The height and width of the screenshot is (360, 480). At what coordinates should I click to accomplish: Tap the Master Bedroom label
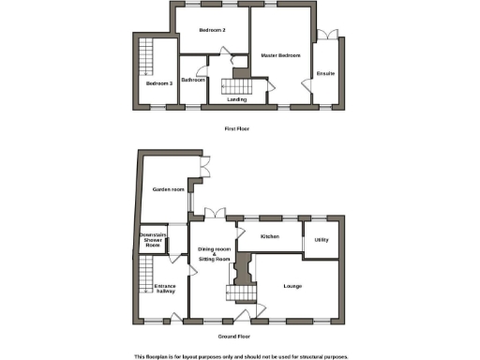[280, 57]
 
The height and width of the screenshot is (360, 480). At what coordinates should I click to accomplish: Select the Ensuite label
[325, 73]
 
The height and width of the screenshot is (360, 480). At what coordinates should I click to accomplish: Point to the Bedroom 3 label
[158, 84]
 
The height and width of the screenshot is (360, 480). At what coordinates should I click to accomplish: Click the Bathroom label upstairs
[193, 81]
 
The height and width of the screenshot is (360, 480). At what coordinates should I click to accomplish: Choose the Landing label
[236, 99]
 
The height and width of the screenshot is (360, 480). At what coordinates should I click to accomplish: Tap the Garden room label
[167, 191]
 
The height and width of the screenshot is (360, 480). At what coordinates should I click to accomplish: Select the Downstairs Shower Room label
[153, 240]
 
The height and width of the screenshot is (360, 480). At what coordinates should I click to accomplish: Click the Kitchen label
[270, 237]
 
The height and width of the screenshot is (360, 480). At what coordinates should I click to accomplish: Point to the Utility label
[322, 241]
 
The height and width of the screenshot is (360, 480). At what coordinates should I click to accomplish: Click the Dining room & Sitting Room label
[214, 255]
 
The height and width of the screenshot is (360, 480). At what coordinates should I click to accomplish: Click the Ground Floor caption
[234, 337]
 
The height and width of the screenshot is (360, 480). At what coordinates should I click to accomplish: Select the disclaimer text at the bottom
[240, 355]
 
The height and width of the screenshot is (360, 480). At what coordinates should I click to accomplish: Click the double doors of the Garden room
[202, 170]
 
